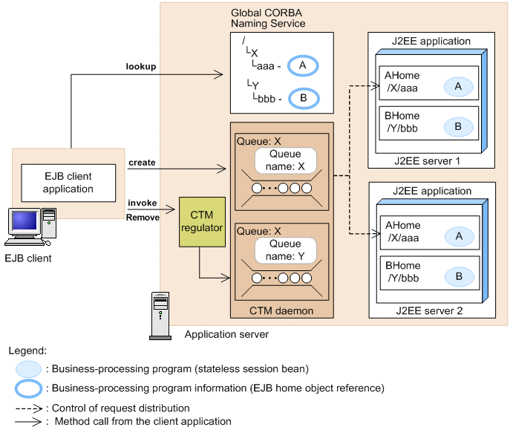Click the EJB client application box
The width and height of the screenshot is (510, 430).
click(x=68, y=183)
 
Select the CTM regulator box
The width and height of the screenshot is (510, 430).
click(x=201, y=221)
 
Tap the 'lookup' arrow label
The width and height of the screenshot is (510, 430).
click(x=140, y=67)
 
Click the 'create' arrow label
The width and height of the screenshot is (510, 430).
click(x=142, y=163)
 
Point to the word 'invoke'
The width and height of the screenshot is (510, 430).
click(x=142, y=203)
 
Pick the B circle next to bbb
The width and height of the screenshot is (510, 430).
click(x=302, y=98)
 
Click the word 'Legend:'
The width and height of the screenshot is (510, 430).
click(x=27, y=350)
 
